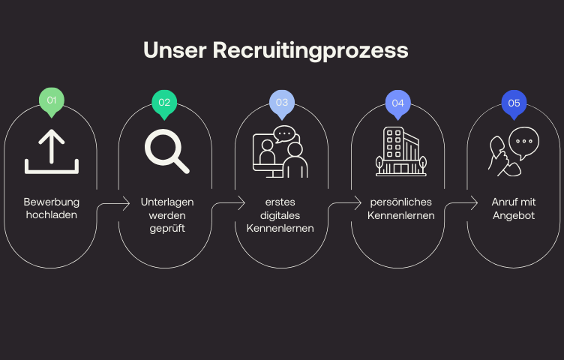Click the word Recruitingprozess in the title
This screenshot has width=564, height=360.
(x=310, y=50)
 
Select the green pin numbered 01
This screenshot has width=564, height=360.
(x=52, y=100)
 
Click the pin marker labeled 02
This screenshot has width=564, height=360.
(x=164, y=103)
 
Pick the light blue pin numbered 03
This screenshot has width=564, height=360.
(x=282, y=103)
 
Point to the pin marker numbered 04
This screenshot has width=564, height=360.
(x=397, y=103)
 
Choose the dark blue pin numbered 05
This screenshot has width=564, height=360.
(x=514, y=103)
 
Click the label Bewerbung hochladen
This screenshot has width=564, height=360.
(x=51, y=208)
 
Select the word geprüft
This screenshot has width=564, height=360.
(x=166, y=228)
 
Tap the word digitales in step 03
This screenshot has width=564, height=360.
(x=280, y=215)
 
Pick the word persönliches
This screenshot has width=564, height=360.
(x=400, y=202)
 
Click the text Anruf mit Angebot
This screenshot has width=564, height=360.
(x=514, y=208)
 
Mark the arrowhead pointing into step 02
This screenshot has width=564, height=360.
(x=127, y=202)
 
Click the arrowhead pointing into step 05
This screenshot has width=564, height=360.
(x=475, y=202)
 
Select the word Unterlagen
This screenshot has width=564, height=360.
(x=166, y=202)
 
